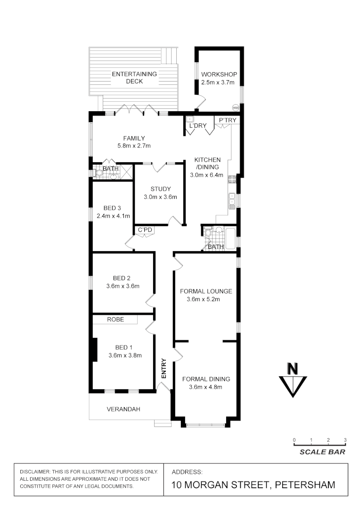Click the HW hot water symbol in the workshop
point(236,107)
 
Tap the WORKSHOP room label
point(219,74)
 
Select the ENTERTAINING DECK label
point(134,77)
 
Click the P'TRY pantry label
point(227,121)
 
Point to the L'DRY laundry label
point(198,127)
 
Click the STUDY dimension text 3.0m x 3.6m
point(161,197)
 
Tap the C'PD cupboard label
point(144,230)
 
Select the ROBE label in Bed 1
point(115,319)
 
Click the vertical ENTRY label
point(164,369)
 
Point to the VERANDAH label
point(123,409)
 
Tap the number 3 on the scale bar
point(345,440)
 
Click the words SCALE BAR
point(322,452)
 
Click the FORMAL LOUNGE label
point(206,291)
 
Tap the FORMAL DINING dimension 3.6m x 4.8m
point(206,387)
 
